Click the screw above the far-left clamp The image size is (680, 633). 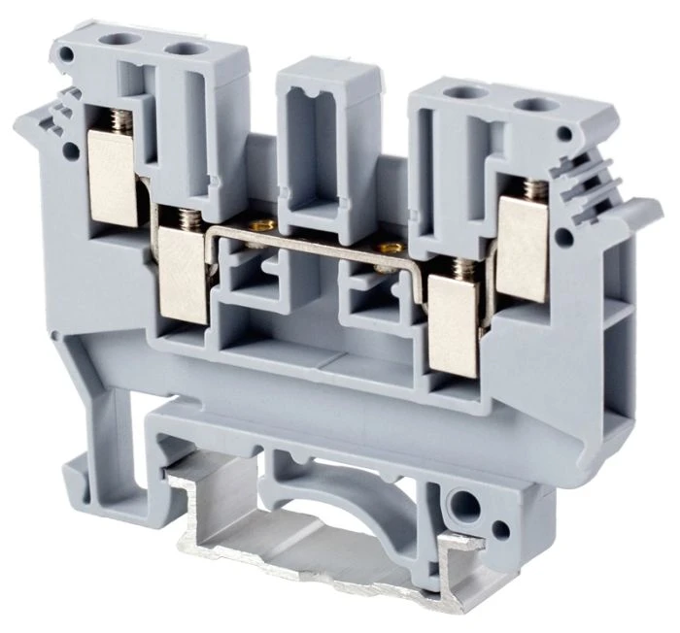tap(120, 119)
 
